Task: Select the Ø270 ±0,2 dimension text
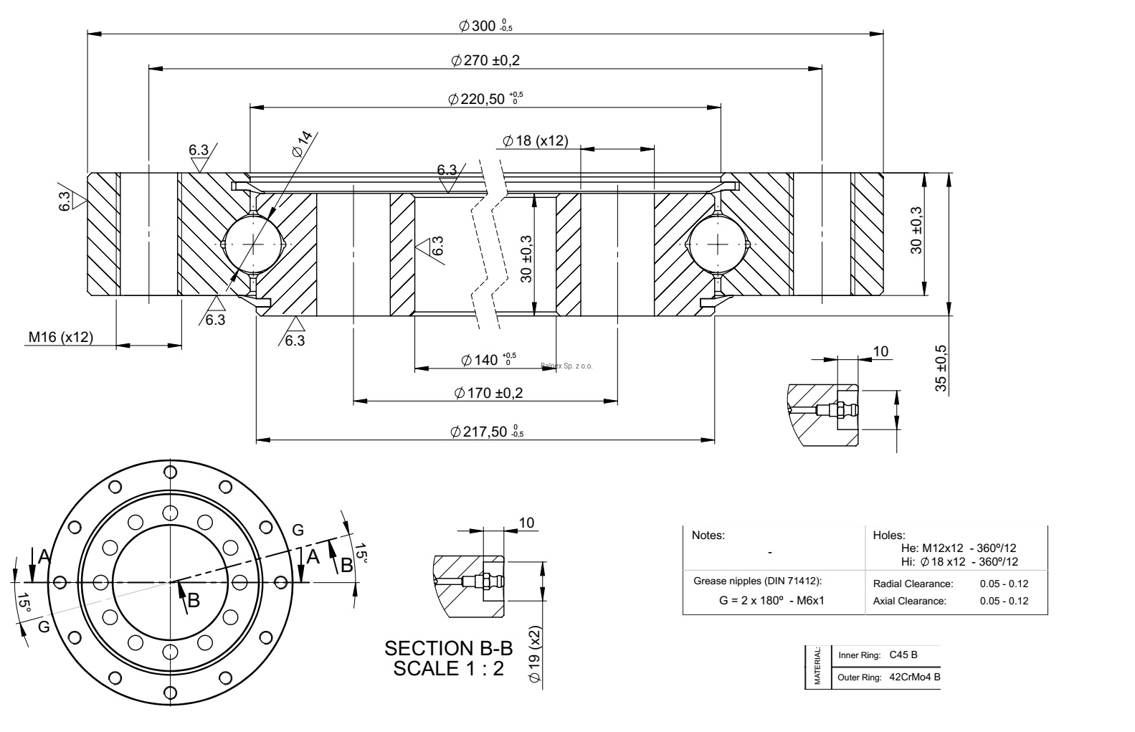pos(485,61)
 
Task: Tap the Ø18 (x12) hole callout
pos(536,141)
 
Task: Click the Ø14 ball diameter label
pos(303,143)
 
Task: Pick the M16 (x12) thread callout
pos(60,337)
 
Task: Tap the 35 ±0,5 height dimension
pos(941,369)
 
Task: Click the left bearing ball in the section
pos(254,244)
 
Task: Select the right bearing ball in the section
pos(718,244)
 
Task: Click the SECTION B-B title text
pos(449,649)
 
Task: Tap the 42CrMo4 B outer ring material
pos(914,677)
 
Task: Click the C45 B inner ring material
pos(903,655)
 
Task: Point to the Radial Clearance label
pos(913,584)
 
